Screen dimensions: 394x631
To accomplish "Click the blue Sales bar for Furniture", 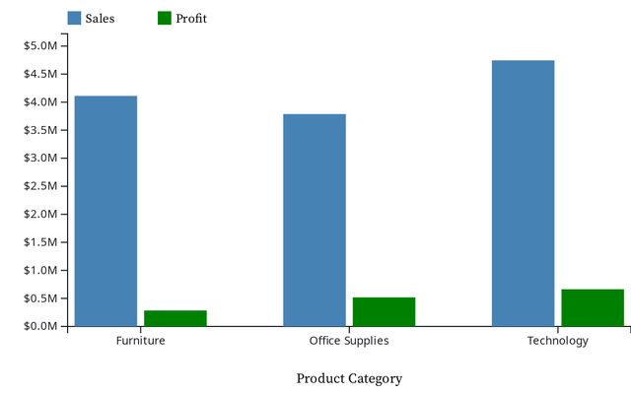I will coord(105,211).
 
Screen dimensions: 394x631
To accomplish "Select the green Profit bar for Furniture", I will coord(175,318).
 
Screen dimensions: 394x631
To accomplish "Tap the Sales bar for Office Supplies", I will coord(315,220).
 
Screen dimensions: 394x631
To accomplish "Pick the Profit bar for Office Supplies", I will coord(384,311).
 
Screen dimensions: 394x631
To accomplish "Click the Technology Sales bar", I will coord(523,193).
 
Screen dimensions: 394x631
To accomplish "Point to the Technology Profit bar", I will coord(593,307).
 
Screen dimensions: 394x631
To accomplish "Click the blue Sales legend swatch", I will coord(75,18).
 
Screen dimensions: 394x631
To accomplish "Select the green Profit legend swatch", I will coord(165,18).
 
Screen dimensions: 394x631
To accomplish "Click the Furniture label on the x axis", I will coord(140,341).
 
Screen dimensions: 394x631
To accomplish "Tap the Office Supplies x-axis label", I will coord(349,341).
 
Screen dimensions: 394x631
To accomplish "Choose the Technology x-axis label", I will coord(557,341).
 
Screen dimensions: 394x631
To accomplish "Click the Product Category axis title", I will coord(349,378).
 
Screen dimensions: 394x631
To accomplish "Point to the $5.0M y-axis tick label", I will coord(40,46).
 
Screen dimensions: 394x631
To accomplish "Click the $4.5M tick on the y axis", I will coord(40,74).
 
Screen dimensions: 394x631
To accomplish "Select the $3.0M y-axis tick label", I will coord(40,158).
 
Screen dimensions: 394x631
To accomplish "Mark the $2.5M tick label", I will coord(40,186).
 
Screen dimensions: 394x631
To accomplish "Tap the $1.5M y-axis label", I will coord(40,242).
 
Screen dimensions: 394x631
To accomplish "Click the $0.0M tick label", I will coord(40,326).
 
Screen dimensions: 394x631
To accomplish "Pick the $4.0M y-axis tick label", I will coord(40,102).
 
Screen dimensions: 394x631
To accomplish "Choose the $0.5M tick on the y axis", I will coord(40,298).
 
